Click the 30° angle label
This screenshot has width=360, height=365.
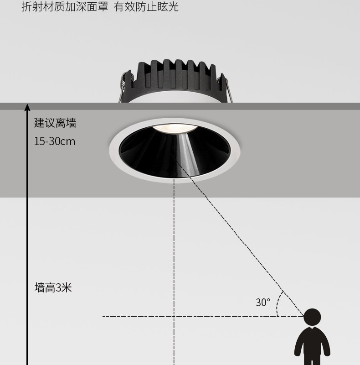tap(263, 302)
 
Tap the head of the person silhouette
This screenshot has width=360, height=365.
tap(312, 317)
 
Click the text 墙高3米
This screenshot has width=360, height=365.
tap(53, 287)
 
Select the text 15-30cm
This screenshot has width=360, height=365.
tap(55, 141)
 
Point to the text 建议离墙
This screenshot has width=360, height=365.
tap(55, 123)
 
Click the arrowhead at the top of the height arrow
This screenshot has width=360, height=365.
tap(27, 107)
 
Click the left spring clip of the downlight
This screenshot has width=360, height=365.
tap(123, 86)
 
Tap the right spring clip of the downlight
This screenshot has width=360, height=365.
tap(226, 89)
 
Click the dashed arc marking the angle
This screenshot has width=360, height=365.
tap(278, 304)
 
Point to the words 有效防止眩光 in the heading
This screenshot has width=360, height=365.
tap(146, 7)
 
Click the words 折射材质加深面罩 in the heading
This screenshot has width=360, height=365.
tap(65, 7)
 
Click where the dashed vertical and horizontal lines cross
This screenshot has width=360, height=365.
tap(174, 317)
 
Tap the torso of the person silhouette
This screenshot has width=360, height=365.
tap(312, 342)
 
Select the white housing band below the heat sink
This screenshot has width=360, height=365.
tap(175, 97)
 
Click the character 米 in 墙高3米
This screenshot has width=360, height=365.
tap(67, 287)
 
